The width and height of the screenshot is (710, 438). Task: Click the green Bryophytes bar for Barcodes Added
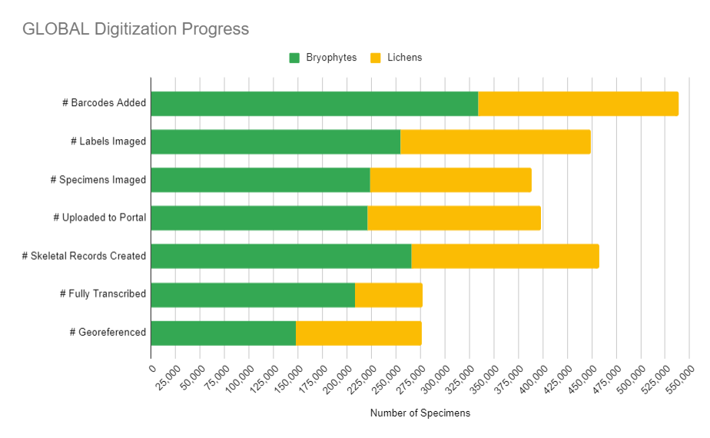coord(314,104)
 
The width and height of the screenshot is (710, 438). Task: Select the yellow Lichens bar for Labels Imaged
coord(496,142)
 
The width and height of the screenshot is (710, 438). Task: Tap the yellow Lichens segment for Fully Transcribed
coord(389,295)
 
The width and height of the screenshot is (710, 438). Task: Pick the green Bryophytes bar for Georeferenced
coord(224,333)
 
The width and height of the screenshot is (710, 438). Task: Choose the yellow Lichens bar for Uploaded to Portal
coord(454,218)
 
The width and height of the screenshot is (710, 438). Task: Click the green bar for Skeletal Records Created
coord(281,257)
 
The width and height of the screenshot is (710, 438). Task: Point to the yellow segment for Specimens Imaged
coord(451,180)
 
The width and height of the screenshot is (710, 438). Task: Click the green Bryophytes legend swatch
coord(294,58)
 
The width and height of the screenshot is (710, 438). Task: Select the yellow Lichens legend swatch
coord(376,58)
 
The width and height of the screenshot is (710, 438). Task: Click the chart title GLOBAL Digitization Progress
coord(135,29)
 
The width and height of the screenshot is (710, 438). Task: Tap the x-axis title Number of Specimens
coord(420,413)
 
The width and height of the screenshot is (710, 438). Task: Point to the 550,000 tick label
coord(675,381)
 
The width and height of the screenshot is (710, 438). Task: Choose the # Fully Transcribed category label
coord(103,294)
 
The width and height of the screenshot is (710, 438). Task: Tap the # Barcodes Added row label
coord(104,104)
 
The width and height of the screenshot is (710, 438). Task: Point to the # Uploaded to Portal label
coord(100,218)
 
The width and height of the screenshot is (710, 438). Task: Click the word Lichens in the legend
coord(405,58)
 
